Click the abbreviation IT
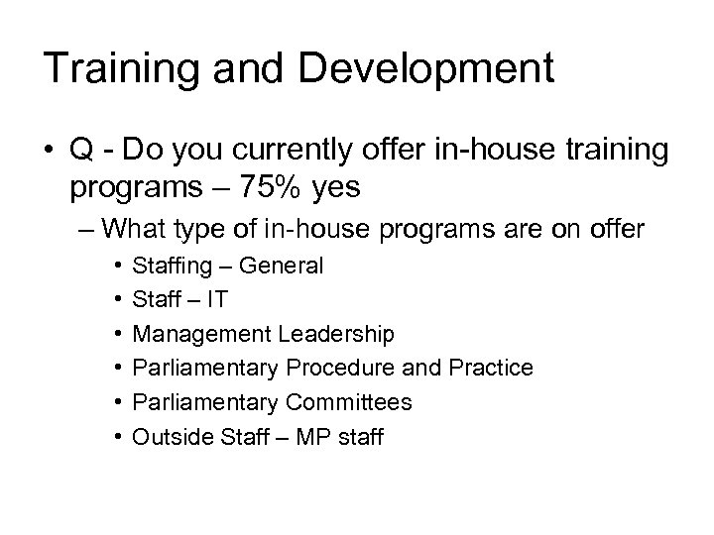pyautogui.click(x=217, y=299)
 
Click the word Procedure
pyautogui.click(x=343, y=368)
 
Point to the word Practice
pyautogui.click(x=489, y=368)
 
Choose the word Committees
pyautogui.click(x=349, y=401)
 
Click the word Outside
pyautogui.click(x=166, y=436)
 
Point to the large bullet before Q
pyautogui.click(x=49, y=150)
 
